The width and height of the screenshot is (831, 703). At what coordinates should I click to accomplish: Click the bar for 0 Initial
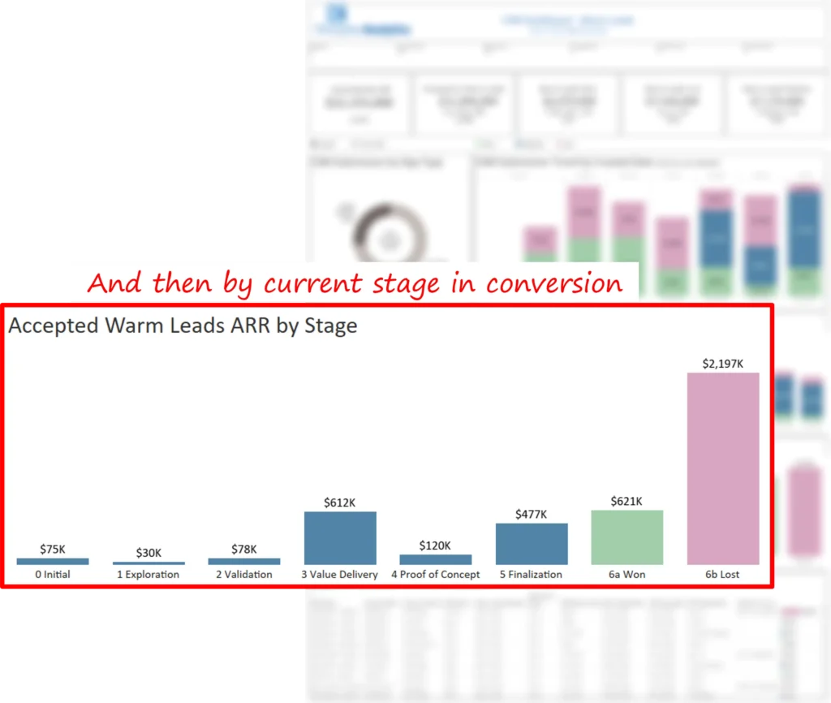click(53, 561)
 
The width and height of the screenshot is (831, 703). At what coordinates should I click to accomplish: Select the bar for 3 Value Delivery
click(340, 537)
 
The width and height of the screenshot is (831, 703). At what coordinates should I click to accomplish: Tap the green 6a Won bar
click(627, 537)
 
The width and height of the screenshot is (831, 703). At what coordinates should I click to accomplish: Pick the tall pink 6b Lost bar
click(723, 468)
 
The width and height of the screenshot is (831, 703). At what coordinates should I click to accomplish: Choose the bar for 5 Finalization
click(532, 543)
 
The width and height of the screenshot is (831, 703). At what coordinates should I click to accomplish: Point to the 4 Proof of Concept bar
click(436, 559)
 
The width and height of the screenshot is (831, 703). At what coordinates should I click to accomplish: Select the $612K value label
click(340, 502)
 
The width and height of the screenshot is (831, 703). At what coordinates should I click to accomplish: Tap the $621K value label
click(627, 501)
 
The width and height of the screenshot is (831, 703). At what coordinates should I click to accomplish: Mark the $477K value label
click(532, 514)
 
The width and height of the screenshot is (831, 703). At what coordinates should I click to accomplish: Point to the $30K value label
click(149, 553)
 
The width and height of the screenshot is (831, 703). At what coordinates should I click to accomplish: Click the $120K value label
click(436, 546)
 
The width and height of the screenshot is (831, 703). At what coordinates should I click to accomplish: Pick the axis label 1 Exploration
click(149, 575)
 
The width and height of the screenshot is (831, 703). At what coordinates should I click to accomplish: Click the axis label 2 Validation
click(244, 575)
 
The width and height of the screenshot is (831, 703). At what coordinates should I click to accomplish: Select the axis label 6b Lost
click(723, 575)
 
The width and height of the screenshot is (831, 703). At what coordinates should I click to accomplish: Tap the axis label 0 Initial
click(53, 575)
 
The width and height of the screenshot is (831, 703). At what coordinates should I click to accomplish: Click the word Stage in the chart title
click(330, 327)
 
